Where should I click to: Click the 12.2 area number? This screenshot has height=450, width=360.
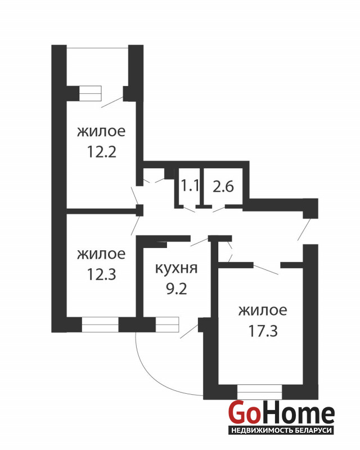[102, 152]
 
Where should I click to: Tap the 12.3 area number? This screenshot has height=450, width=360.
[102, 274]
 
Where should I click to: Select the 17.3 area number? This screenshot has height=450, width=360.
[263, 331]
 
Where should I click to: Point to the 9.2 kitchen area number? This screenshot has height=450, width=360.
[177, 289]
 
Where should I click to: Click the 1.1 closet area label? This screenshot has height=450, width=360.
[190, 186]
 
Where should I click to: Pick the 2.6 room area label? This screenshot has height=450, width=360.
[223, 187]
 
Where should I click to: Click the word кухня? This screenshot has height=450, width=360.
[176, 269]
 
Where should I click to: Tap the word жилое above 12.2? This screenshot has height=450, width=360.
[101, 132]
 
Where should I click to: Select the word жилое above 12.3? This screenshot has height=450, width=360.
[101, 254]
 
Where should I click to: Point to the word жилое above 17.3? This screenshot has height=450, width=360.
[263, 310]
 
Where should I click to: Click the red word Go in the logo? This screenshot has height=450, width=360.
[243, 413]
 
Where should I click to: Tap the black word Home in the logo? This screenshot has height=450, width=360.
[296, 413]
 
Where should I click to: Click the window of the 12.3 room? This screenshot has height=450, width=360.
[100, 325]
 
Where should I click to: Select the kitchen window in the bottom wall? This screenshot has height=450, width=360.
[167, 325]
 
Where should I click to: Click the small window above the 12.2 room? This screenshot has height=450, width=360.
[91, 93]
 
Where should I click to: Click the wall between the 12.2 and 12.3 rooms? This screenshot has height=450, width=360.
[102, 211]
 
